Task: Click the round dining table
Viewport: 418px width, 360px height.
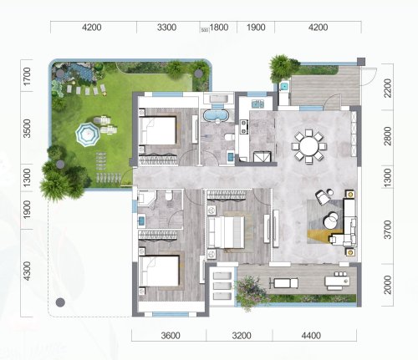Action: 308,146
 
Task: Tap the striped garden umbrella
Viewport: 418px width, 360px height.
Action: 88,134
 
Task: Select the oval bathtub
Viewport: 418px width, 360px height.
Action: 217,115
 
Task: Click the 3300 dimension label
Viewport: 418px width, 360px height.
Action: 166,28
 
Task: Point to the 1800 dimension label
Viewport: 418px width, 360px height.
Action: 219,28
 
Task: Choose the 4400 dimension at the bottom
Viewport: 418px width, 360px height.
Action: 311,336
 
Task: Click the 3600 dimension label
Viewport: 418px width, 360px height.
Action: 171,336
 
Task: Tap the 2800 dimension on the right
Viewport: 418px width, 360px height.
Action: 388,136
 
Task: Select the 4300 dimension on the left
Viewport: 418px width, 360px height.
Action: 27,271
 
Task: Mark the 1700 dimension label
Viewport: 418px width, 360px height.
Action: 27,76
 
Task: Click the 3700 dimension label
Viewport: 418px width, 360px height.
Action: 388,230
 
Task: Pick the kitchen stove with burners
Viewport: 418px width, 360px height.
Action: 244,126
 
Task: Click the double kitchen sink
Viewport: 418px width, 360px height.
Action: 258,104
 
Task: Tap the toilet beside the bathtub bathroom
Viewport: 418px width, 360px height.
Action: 229,137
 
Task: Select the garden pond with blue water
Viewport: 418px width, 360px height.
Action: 79,70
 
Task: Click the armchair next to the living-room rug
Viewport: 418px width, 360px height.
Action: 323,197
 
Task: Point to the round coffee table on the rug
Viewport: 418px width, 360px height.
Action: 330,220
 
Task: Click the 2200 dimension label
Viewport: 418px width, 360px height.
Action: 388,88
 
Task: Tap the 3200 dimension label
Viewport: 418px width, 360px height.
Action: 242,336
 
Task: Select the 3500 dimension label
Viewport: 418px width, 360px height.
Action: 27,129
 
